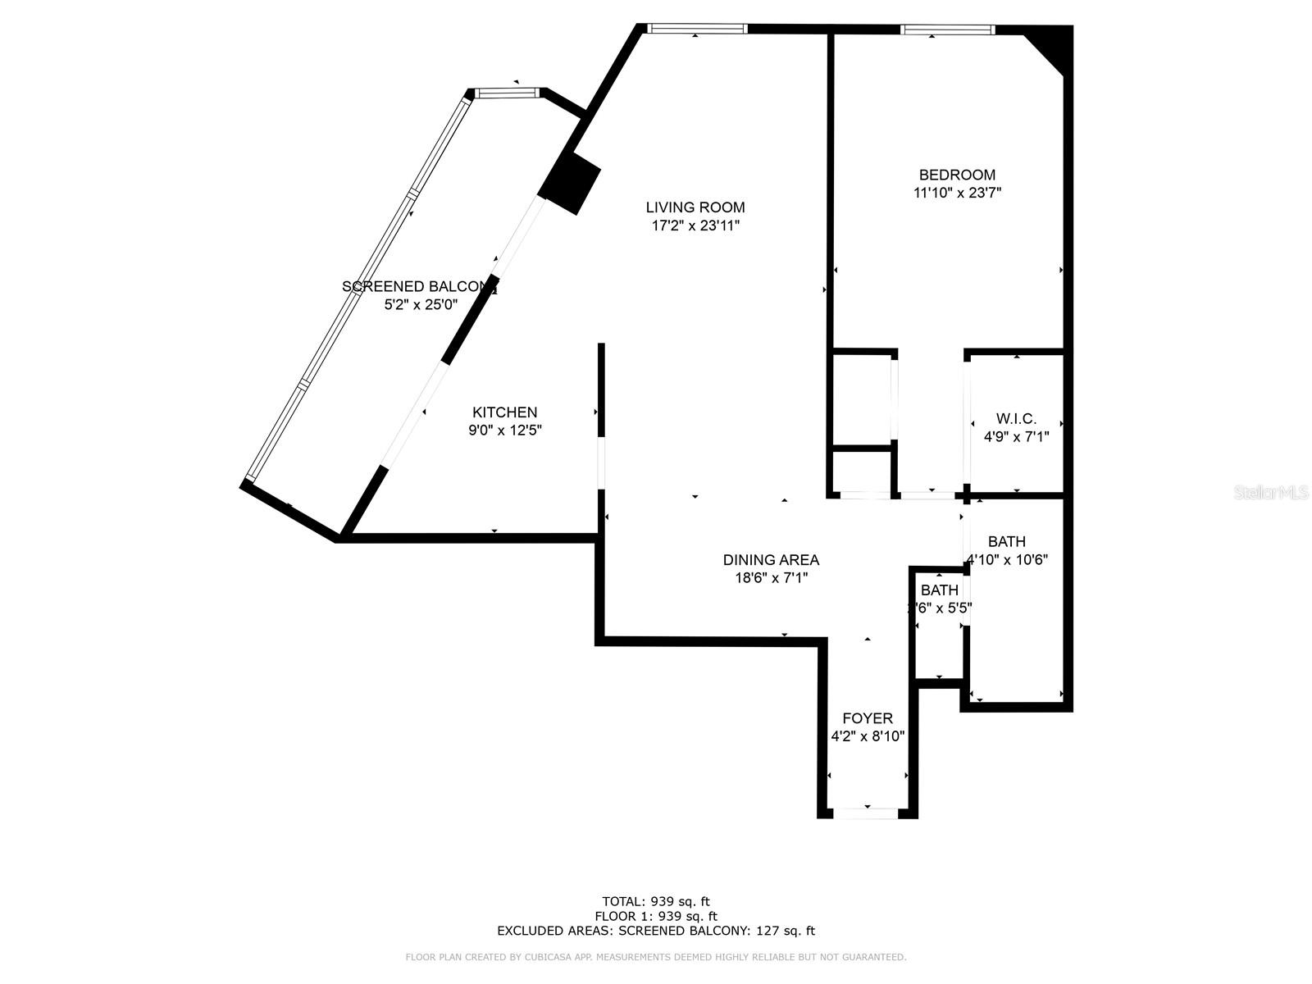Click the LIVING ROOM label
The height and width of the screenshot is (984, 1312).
[695, 207]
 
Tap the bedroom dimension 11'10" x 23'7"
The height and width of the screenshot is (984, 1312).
[957, 194]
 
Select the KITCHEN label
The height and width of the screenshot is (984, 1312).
[504, 412]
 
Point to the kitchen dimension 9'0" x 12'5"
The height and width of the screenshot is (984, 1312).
[504, 430]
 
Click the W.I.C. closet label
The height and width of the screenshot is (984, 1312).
[1016, 419]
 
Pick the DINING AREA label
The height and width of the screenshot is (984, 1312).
[771, 560]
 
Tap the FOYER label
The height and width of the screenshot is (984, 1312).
[867, 718]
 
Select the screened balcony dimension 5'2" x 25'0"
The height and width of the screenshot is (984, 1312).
[421, 305]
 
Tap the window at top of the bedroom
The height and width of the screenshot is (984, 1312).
[947, 30]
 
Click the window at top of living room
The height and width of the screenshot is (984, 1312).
[696, 29]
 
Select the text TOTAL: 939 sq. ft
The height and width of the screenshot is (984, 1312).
[655, 902]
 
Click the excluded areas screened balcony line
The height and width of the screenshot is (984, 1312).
[655, 931]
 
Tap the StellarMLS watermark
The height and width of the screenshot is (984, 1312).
[1271, 493]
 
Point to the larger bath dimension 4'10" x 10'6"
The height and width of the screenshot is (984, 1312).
[1008, 560]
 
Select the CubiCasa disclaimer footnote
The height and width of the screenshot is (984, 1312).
[655, 957]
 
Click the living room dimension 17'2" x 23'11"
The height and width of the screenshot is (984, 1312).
[695, 225]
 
